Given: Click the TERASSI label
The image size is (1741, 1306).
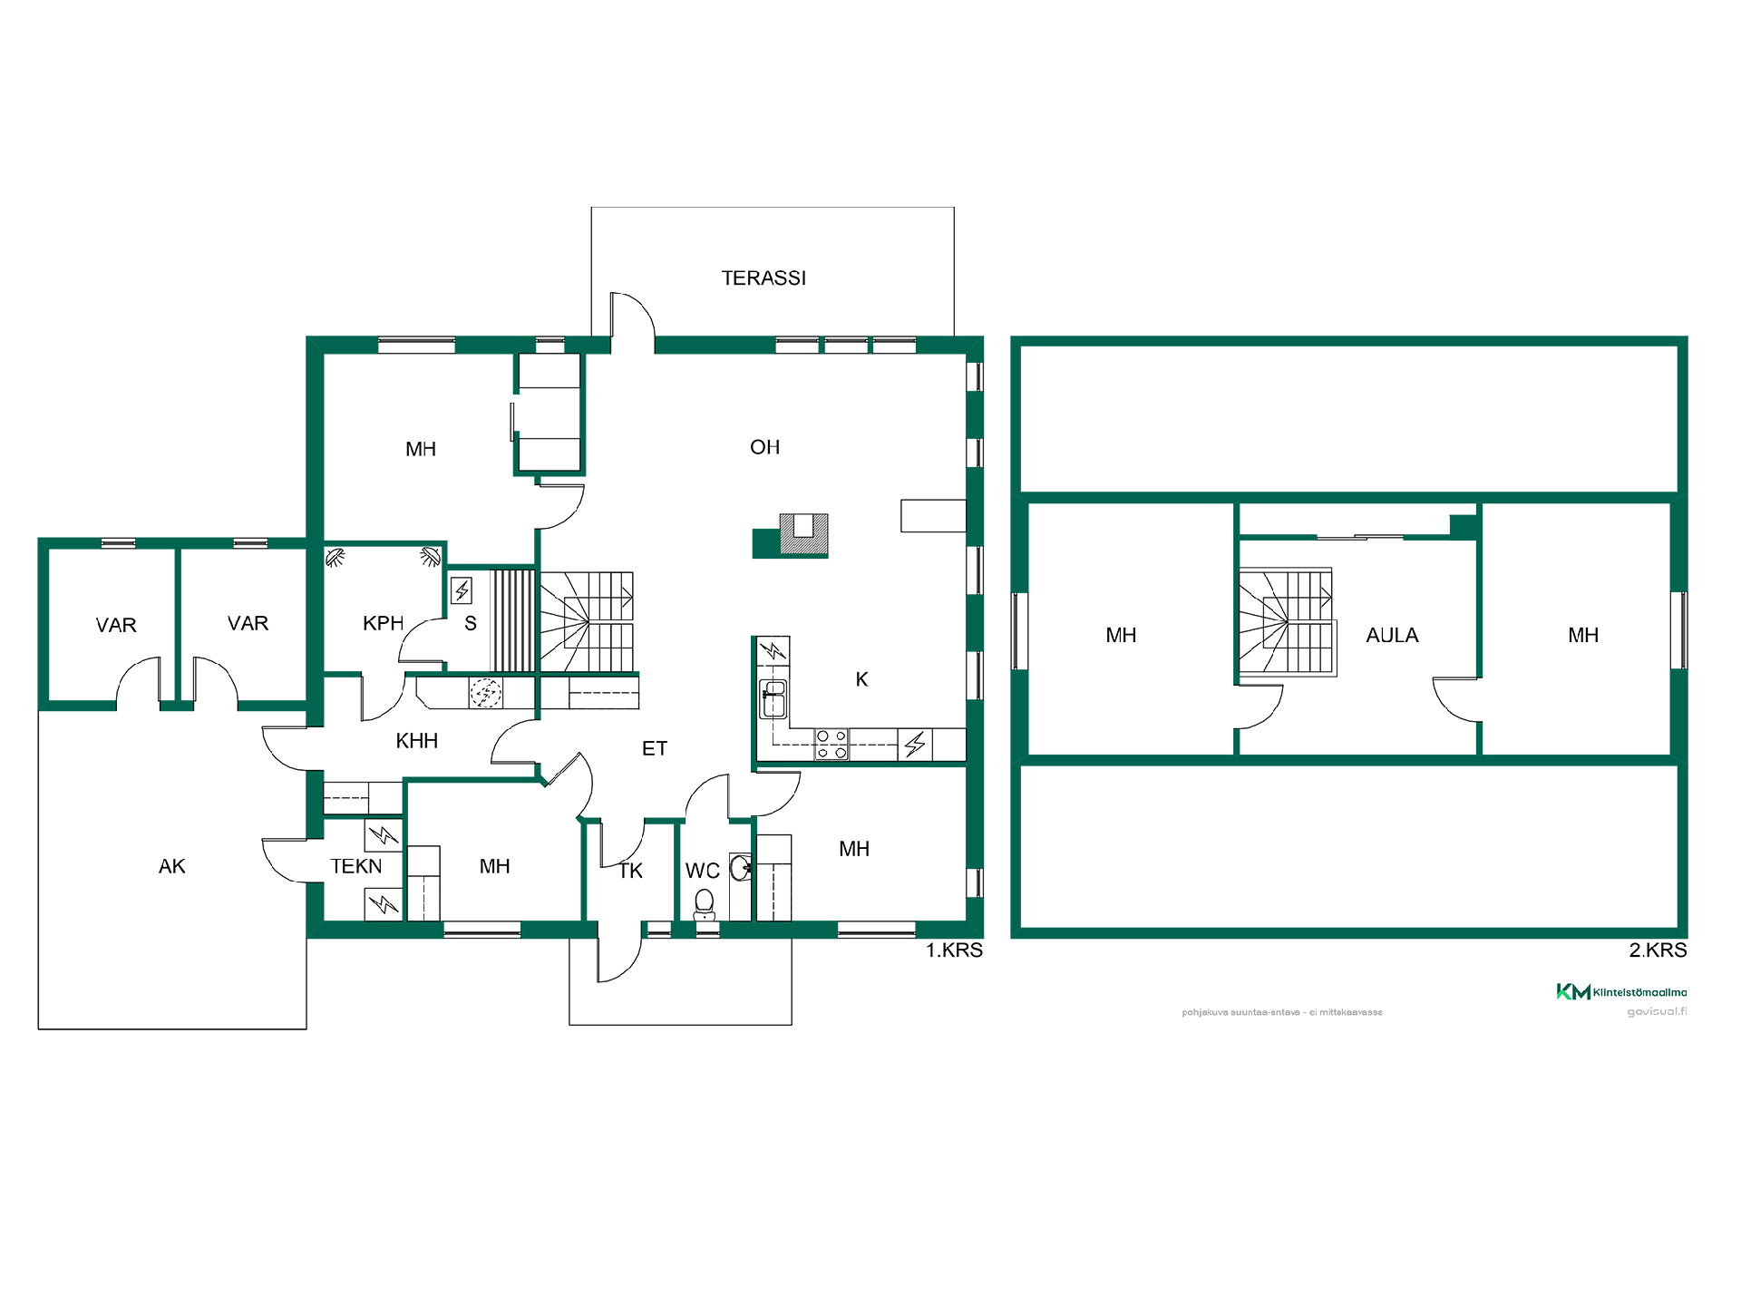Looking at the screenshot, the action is pos(764,278).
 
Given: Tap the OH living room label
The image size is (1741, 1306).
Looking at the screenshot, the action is pos(764,447).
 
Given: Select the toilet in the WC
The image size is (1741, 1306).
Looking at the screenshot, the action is pos(705,904).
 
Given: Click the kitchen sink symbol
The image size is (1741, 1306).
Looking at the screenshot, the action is pos(773,698).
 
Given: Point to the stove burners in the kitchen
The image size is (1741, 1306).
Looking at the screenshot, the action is pos(832,745).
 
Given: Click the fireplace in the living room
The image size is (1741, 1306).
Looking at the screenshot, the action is pos(791,535).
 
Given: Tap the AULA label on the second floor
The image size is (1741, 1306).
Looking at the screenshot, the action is pos(1392,636).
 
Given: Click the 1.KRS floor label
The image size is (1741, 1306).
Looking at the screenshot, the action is pos(954,950).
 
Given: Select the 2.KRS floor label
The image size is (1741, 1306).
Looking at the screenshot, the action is pos(1658,950).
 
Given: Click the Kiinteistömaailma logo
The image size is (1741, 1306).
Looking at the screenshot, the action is pos(1621,992).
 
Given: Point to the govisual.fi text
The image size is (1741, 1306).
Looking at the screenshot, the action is pos(1657,1012).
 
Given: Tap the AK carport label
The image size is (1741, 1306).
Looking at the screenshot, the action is pos(171,867).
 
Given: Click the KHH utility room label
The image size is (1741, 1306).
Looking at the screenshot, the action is pos(417,741).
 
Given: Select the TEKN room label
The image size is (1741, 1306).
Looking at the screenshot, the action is pos(356,866).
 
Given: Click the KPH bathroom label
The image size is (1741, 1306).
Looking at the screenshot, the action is pos(383,623).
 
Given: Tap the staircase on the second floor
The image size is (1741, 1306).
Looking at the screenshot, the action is pos(1288,622).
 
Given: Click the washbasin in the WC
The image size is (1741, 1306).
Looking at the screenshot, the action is pos(741,868).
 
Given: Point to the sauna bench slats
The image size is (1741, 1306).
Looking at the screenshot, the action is pos(513,620).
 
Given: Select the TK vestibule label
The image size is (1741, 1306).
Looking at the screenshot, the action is pos(631,872).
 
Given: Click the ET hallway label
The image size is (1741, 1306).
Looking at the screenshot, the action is pos(655,749).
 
